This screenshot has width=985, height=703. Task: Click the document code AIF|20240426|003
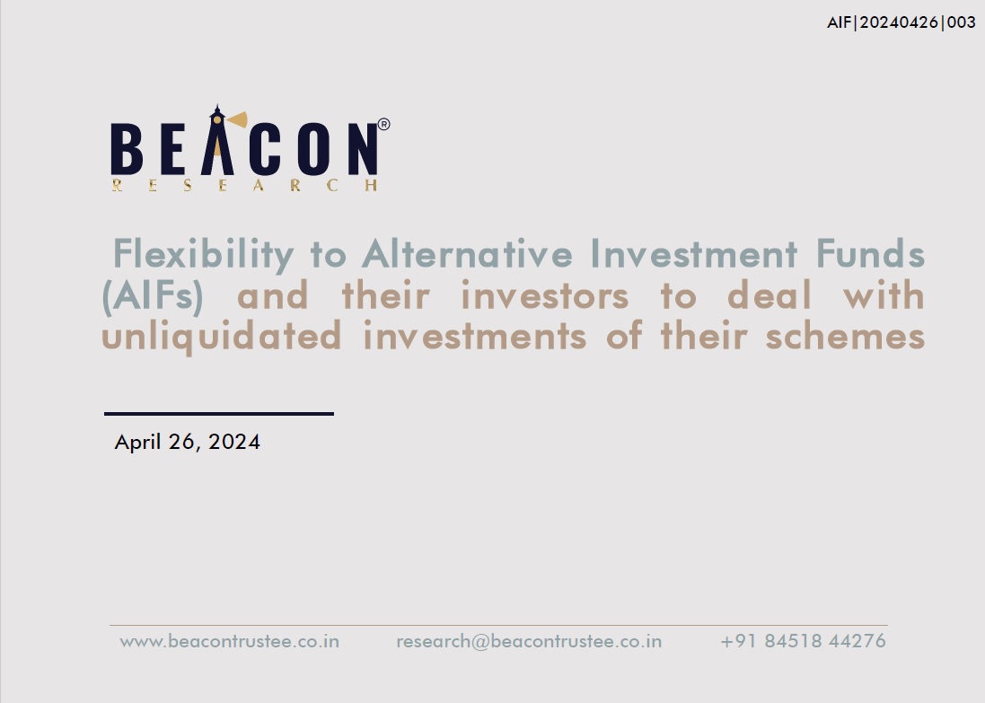click(901, 22)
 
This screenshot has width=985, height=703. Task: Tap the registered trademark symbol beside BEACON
click(383, 125)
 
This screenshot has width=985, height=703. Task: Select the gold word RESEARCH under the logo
click(244, 185)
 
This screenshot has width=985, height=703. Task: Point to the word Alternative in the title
click(468, 254)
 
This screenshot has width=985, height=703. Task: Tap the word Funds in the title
click(870, 254)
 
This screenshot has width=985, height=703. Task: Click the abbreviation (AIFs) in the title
click(153, 296)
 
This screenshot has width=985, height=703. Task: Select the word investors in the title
click(545, 295)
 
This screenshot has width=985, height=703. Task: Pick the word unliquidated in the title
click(221, 337)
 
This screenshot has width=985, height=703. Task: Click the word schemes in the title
click(845, 336)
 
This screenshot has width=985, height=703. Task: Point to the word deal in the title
click(770, 294)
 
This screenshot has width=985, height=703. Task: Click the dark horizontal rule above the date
click(218, 414)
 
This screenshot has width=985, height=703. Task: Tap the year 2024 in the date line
click(233, 442)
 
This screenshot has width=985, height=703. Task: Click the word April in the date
click(137, 443)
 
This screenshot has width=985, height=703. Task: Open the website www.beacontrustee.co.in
click(229, 641)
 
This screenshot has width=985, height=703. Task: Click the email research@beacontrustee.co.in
click(529, 641)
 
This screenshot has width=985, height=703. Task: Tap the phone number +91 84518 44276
click(803, 641)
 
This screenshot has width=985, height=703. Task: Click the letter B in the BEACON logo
click(127, 148)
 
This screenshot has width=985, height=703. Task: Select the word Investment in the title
click(694, 254)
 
